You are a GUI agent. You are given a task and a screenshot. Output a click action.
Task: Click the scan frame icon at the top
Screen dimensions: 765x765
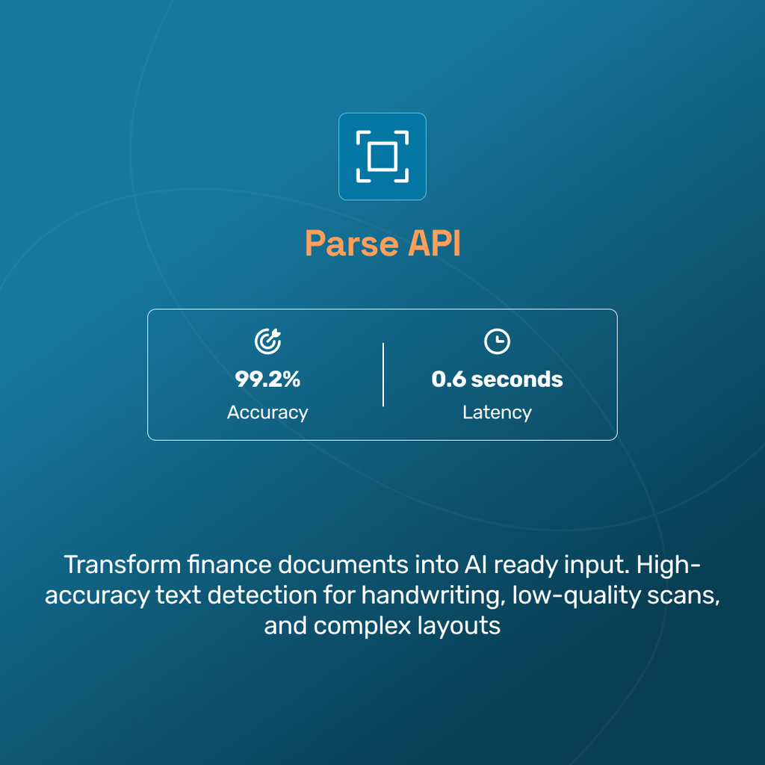click(x=382, y=156)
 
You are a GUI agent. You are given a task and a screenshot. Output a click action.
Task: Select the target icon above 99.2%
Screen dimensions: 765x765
click(x=267, y=341)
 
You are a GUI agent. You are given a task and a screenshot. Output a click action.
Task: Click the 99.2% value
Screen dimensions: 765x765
click(x=267, y=379)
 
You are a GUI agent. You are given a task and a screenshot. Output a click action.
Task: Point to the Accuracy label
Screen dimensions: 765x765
click(x=267, y=412)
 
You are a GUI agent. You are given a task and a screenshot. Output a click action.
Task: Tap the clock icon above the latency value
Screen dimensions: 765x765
click(x=497, y=341)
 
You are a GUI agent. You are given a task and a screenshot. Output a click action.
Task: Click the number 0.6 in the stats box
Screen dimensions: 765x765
click(x=448, y=379)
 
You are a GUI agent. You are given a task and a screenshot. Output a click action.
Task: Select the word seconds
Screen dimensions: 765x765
click(x=517, y=379)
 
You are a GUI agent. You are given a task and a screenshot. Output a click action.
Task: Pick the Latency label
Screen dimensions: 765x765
click(x=497, y=412)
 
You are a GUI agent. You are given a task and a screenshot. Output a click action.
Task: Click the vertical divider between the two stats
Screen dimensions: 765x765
click(x=383, y=374)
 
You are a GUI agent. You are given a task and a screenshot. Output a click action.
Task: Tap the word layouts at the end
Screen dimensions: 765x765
click(x=458, y=625)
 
